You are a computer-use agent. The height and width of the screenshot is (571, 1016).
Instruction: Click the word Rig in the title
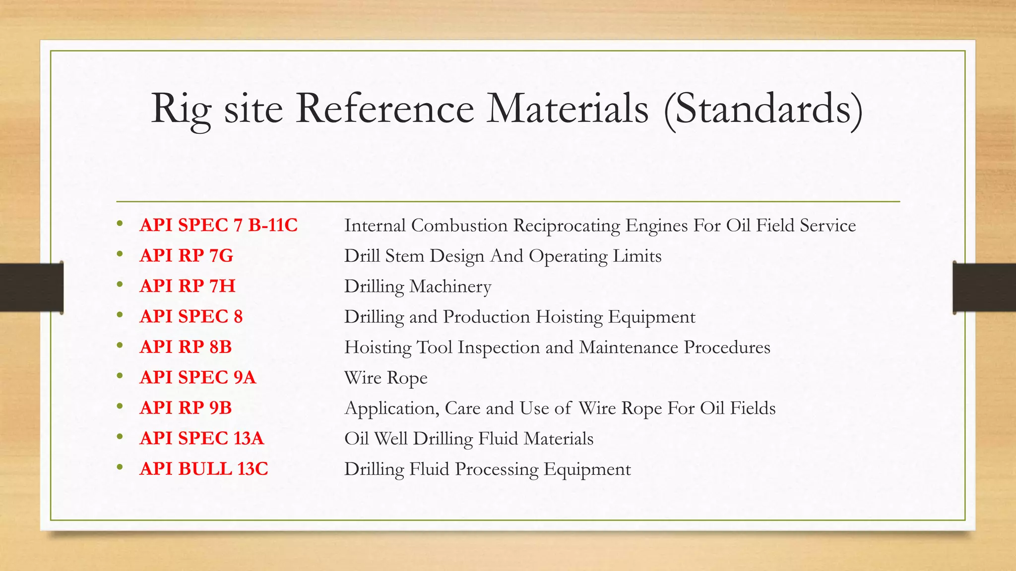[181, 109]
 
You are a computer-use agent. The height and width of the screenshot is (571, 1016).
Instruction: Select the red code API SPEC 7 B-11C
[218, 225]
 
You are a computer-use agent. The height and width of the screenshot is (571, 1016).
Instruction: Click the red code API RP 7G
[186, 256]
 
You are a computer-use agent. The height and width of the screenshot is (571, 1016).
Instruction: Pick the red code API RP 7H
[187, 286]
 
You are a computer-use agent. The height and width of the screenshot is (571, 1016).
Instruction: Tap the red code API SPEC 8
[191, 316]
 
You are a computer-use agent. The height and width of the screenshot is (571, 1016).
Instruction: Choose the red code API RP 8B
[186, 347]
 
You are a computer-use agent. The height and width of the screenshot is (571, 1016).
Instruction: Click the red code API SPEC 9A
[197, 377]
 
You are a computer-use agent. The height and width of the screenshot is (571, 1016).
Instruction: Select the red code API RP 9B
[186, 407]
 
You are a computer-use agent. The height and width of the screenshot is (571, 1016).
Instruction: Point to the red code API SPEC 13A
[201, 438]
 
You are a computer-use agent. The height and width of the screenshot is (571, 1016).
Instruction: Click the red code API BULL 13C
[203, 468]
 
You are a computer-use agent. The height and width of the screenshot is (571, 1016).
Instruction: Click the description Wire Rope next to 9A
[385, 378]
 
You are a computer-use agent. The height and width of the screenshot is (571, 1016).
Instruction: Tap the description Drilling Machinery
[417, 286]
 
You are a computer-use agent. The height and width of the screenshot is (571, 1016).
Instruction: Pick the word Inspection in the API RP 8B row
[498, 347]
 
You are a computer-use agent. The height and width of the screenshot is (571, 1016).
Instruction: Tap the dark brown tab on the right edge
[984, 287]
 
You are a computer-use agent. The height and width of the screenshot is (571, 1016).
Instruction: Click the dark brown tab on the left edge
[31, 287]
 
